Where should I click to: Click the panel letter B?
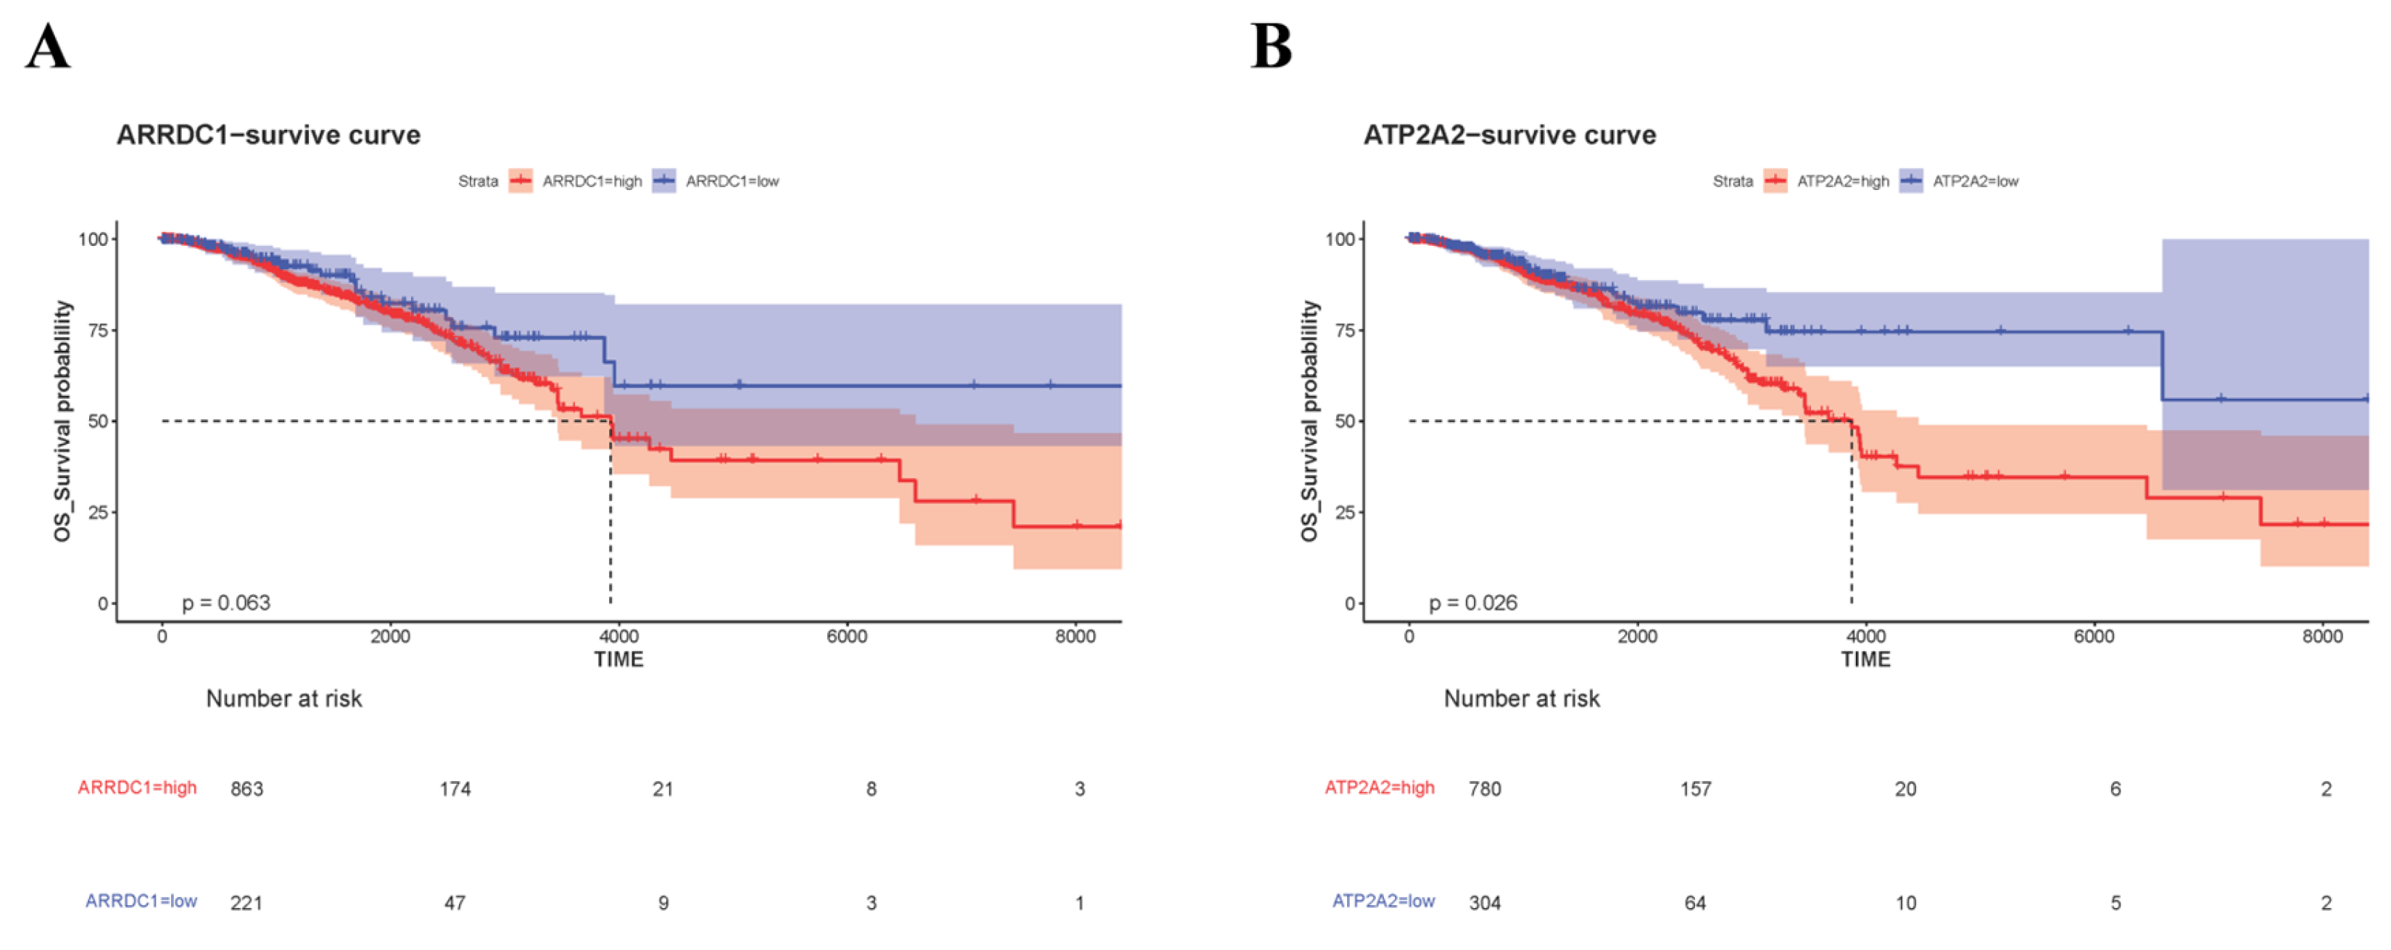point(1271,46)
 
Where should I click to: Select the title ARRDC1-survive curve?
point(268,136)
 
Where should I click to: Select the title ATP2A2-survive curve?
point(1509,136)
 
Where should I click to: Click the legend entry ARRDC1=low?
point(732,181)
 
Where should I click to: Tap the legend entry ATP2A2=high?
point(1842,181)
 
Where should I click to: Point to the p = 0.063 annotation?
point(225,603)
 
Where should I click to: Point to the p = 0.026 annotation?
point(1473,603)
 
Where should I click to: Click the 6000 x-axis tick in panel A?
point(847,637)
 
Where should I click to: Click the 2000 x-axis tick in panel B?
point(1637,637)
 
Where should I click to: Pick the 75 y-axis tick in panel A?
point(97,330)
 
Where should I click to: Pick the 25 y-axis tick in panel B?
point(1345,512)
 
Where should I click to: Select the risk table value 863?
point(247,789)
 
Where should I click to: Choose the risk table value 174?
point(455,789)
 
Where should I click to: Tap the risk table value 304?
point(1484,903)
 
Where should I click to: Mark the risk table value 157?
point(1695,789)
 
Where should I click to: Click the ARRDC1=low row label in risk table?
point(141,901)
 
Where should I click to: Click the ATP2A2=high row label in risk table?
point(1379,788)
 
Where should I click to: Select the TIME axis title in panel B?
point(1865,659)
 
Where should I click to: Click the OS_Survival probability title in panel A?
point(62,421)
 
